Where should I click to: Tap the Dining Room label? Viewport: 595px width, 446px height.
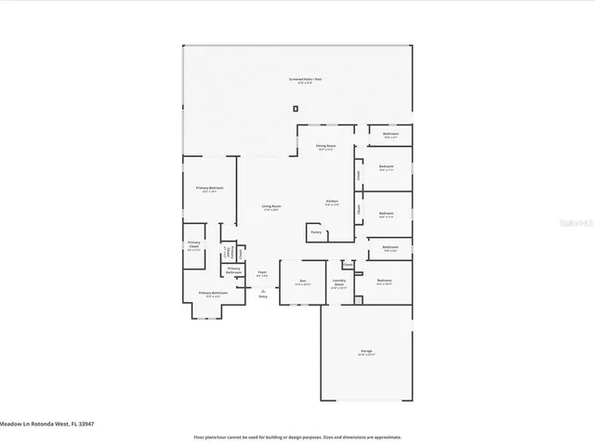(325, 147)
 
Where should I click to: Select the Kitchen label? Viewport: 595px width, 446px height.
(332, 202)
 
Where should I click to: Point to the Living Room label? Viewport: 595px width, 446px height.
(271, 207)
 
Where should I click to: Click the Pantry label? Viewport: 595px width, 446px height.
(315, 231)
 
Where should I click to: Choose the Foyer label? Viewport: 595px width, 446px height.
(262, 273)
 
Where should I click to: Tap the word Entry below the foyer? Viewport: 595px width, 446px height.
(262, 296)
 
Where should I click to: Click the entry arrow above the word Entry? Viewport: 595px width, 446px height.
(262, 290)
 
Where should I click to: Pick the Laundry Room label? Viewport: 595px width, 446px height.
(340, 284)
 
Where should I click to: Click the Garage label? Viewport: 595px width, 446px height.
(366, 352)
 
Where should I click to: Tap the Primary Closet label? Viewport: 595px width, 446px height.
(194, 246)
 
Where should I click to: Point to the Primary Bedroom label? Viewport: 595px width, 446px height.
(213, 295)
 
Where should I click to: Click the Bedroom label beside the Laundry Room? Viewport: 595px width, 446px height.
(385, 282)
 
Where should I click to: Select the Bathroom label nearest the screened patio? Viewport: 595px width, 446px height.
(390, 136)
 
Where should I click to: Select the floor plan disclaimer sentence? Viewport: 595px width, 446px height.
(297, 436)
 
